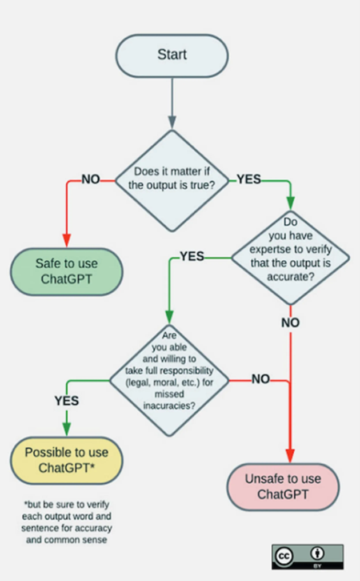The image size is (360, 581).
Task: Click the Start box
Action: (x=171, y=55)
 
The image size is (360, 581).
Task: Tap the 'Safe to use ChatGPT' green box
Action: (x=66, y=272)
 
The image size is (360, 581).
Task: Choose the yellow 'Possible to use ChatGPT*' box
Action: (x=66, y=460)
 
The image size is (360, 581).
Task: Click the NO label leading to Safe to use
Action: (x=90, y=180)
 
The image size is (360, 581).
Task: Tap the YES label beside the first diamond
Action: (x=249, y=180)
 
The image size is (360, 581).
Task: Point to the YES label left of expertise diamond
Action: (x=192, y=257)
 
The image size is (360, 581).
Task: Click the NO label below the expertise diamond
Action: (x=290, y=323)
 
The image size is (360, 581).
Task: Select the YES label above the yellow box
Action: (x=66, y=401)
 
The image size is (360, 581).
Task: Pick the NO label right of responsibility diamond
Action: (x=261, y=379)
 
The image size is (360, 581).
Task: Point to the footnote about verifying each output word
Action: (x=67, y=521)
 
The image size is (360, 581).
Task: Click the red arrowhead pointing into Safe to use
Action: (x=66, y=241)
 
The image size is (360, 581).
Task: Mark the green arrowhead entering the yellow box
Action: (x=66, y=430)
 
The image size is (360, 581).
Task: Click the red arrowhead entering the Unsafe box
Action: (x=290, y=456)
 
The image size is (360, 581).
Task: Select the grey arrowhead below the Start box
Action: (x=171, y=122)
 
